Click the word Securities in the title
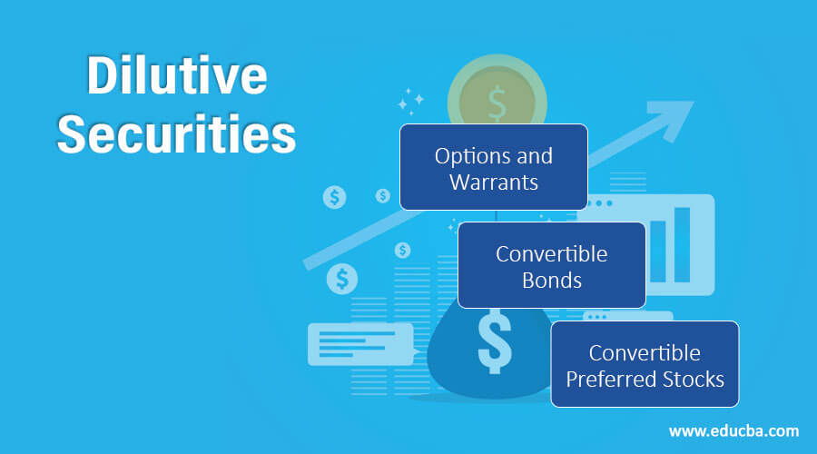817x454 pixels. point(176,135)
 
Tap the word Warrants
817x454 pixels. point(494,182)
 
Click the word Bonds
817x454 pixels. point(551,280)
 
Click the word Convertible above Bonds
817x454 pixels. point(551,253)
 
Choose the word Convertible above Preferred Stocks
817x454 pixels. point(645,351)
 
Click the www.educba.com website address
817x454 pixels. point(733,429)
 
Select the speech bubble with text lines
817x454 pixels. point(359,344)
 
